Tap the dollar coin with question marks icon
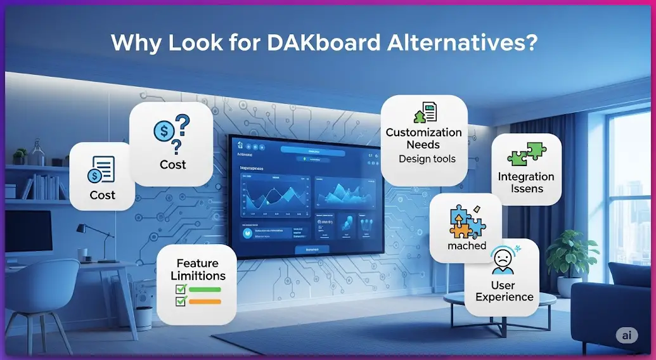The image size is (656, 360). pyautogui.click(x=172, y=132)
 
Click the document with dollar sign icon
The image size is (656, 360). pyautogui.click(x=102, y=169)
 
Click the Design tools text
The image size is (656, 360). pyautogui.click(x=427, y=159)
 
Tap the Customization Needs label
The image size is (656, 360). pyautogui.click(x=423, y=138)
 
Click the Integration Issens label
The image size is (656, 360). pyautogui.click(x=526, y=183)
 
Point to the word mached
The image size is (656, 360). pyautogui.click(x=466, y=245)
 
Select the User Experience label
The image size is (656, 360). pyautogui.click(x=505, y=292)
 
